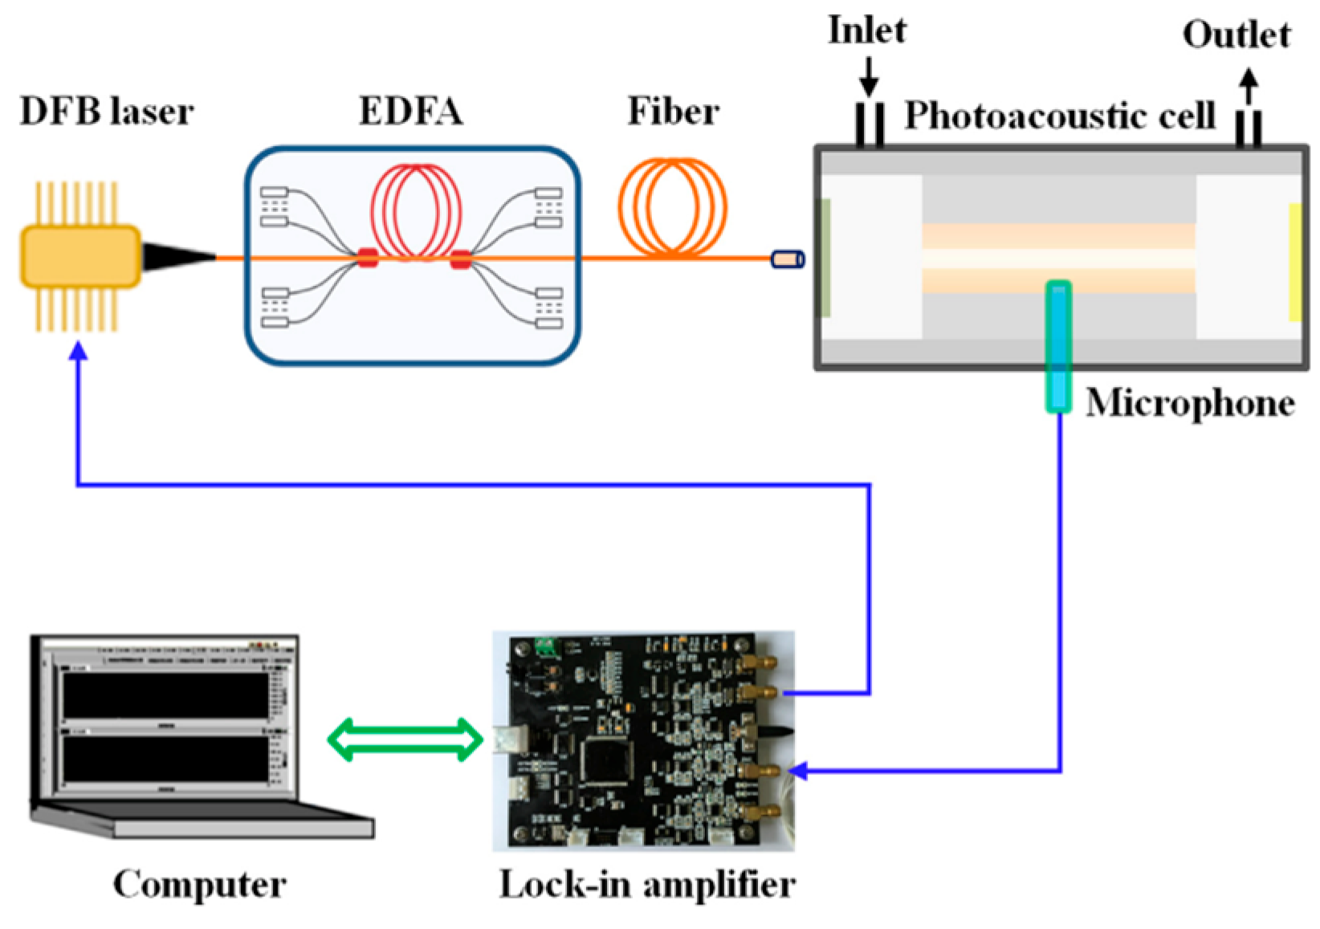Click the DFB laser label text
(x=106, y=112)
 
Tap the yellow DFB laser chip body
(x=80, y=256)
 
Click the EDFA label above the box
(x=410, y=112)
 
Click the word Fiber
(x=673, y=112)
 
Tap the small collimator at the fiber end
(x=787, y=259)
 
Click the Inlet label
(x=866, y=31)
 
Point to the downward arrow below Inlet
(x=869, y=80)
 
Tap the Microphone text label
(x=1189, y=402)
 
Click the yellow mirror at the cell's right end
(x=1294, y=262)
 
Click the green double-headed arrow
(x=405, y=740)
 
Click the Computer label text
(x=199, y=884)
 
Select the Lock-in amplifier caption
(x=647, y=884)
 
